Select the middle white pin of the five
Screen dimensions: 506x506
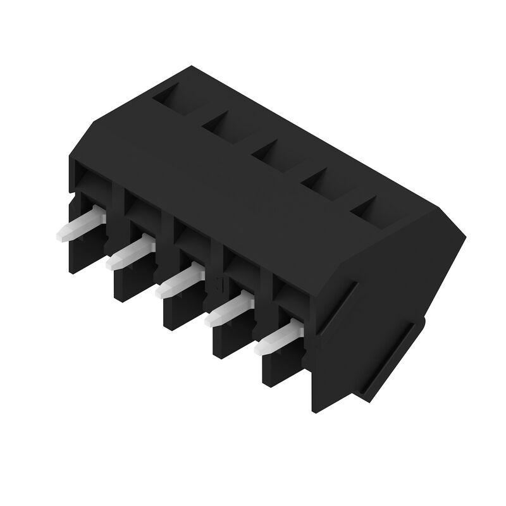coord(178,283)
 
